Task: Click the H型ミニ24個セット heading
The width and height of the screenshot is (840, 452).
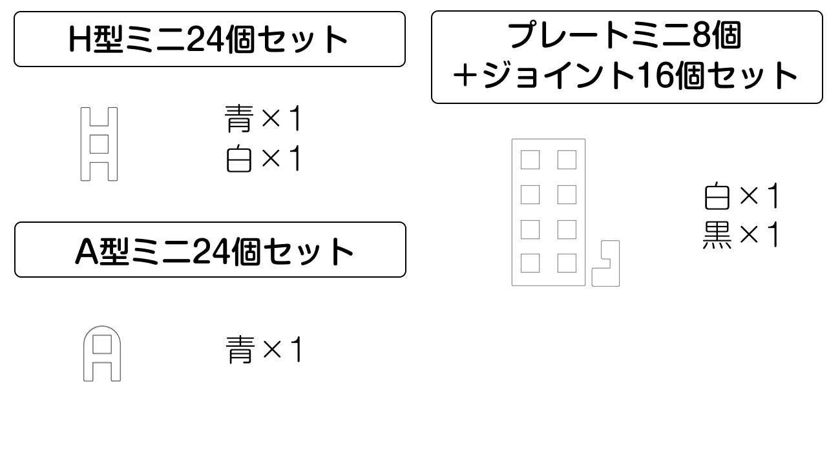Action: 208,39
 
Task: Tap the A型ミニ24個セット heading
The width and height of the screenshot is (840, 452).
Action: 214,251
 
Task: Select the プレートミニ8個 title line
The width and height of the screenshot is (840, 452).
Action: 624,36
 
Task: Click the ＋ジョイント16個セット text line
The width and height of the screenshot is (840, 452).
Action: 625,76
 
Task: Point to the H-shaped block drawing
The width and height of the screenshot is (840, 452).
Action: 99,144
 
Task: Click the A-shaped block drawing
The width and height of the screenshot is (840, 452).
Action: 102,353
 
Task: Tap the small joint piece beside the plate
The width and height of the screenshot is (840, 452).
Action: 605,263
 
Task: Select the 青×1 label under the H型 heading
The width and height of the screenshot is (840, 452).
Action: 263,118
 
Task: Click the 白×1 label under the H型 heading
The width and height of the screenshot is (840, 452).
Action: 263,159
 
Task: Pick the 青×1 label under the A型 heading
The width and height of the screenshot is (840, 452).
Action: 264,349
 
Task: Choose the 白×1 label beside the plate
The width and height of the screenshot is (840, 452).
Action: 741,196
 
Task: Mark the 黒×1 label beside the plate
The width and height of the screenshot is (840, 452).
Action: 741,234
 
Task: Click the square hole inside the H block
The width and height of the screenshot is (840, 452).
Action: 100,144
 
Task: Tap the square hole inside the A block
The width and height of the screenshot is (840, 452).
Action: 102,344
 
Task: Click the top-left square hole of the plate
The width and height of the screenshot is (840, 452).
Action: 530,159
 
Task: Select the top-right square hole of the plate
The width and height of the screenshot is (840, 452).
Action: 567,159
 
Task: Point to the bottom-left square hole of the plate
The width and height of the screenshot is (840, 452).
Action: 530,263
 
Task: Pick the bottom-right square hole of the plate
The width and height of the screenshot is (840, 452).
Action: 567,263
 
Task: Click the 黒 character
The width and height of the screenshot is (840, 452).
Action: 717,235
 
